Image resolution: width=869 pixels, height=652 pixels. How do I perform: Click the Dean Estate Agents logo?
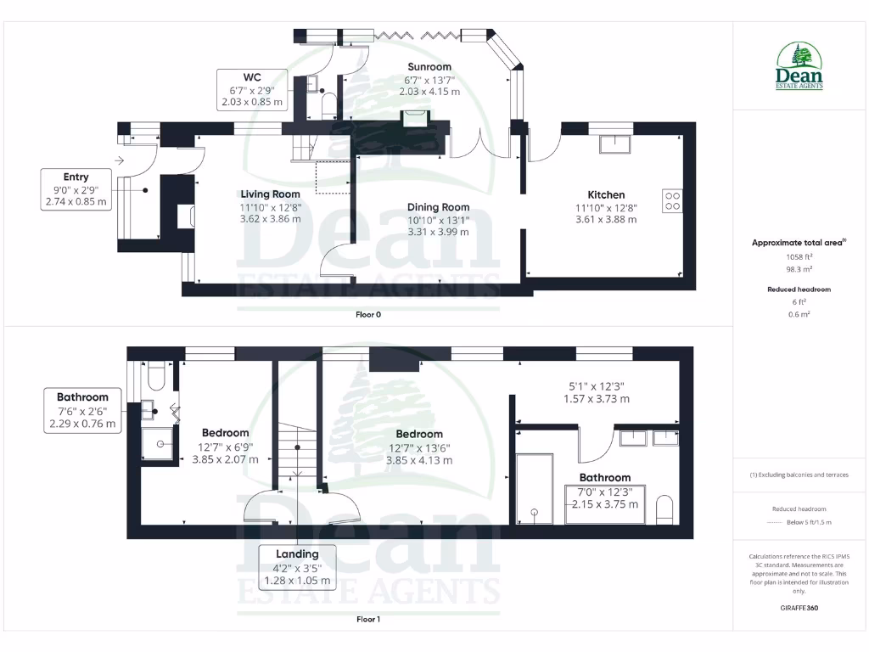(799, 66)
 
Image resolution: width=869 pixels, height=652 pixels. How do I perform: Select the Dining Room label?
(438, 206)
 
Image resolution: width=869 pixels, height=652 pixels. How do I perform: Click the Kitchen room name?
(606, 194)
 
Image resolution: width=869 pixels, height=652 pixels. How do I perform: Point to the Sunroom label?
(429, 66)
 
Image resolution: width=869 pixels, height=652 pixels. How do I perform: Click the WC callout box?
(251, 89)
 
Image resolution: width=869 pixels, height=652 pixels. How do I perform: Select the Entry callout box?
(76, 189)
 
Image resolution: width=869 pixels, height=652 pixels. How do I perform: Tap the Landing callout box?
(297, 567)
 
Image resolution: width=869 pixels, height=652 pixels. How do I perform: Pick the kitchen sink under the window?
(615, 143)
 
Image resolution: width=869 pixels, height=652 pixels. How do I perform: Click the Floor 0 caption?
(368, 314)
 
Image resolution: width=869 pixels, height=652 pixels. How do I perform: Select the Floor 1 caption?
(368, 619)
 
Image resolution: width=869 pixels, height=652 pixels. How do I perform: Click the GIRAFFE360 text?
(799, 608)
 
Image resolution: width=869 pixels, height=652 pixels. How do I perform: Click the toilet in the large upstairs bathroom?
(666, 510)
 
